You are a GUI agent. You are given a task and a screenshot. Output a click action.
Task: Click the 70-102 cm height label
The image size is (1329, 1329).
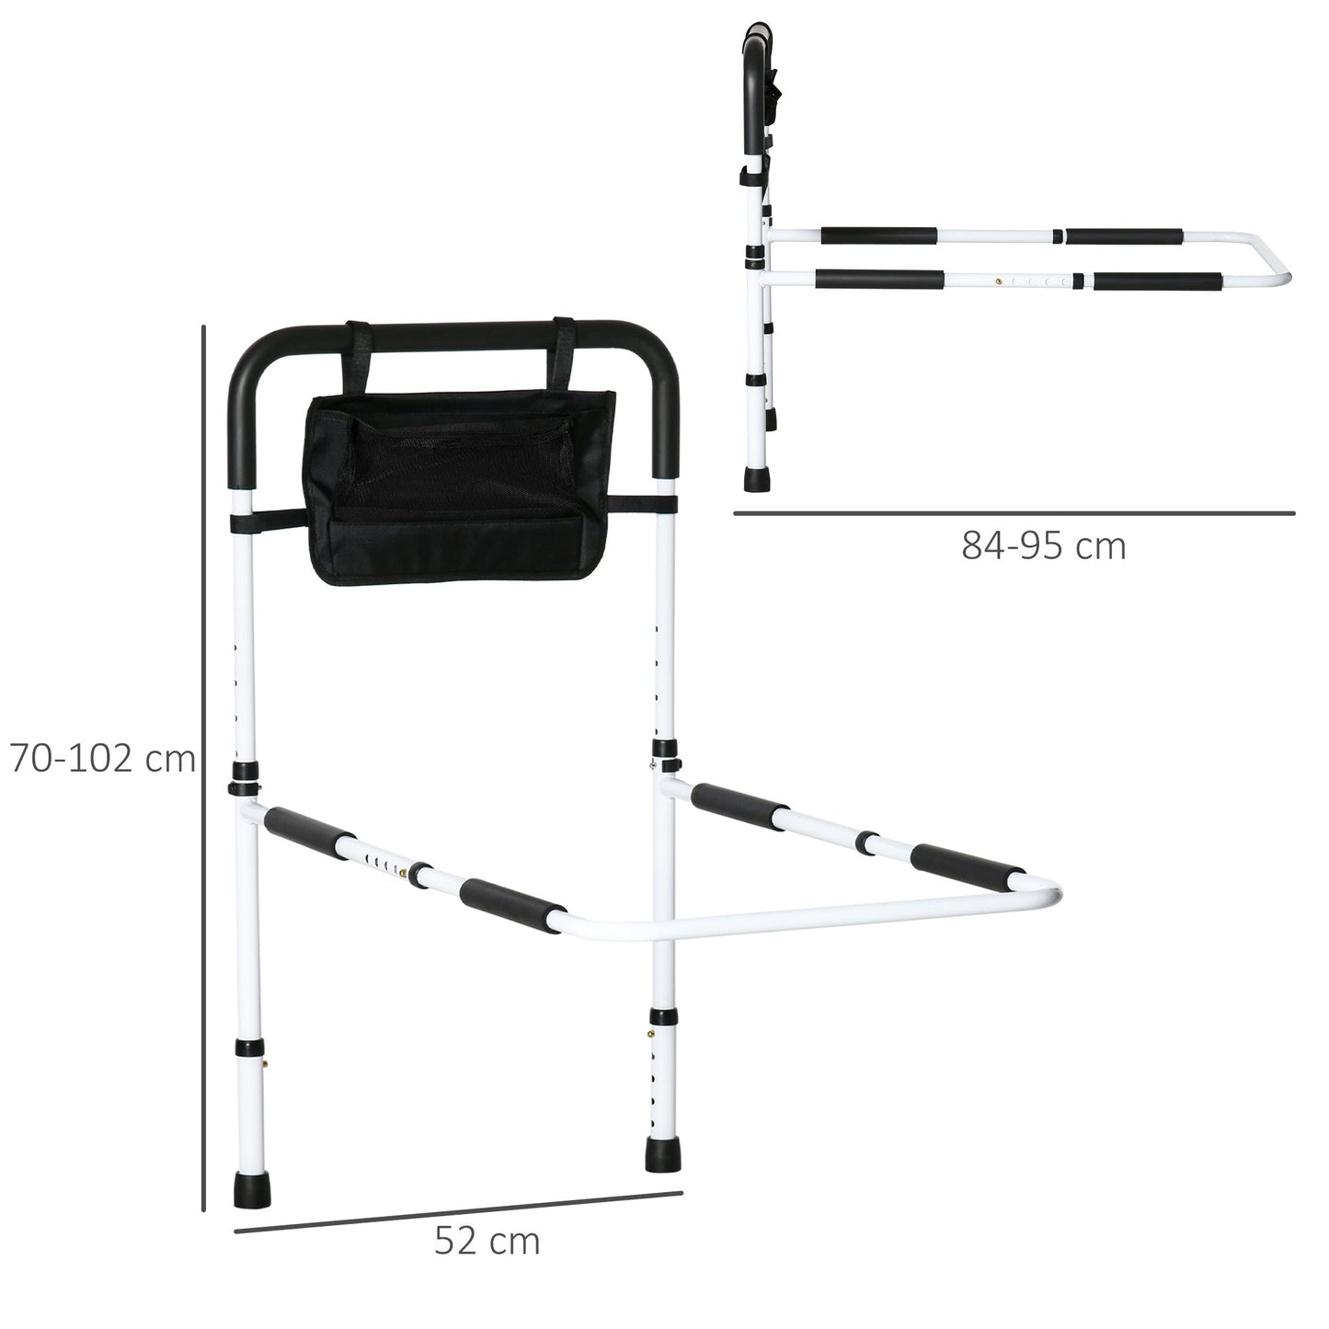102,760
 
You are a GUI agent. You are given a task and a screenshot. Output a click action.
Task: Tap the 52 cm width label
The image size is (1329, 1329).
487,1241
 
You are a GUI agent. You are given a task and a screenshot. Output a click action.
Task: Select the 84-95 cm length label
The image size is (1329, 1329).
1044,546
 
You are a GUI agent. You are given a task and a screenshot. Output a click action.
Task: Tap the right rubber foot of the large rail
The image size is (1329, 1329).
661,1153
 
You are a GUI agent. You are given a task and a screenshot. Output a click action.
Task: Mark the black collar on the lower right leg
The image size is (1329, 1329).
662,1016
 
